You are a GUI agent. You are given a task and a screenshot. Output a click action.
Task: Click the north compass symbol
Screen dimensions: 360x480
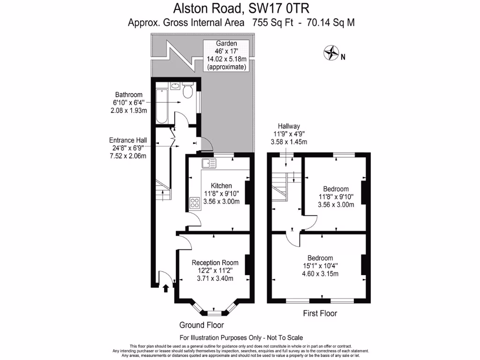pos(331,52)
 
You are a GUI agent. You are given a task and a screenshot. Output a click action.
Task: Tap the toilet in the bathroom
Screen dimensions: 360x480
pos(188,90)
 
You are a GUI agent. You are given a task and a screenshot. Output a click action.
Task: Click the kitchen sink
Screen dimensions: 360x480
pos(209,164)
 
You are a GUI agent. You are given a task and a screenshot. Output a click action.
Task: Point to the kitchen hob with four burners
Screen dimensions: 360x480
pos(195,202)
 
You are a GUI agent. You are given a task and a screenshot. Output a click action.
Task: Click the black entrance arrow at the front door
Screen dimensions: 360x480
pos(165,288)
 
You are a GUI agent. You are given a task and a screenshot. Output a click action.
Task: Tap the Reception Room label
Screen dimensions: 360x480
pos(215,262)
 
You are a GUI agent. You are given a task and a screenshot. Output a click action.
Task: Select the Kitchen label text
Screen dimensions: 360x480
pos(221,185)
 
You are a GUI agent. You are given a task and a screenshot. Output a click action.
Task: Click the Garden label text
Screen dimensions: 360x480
pos(226,43)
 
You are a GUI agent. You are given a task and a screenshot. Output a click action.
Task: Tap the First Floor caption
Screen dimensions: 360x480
pos(320,313)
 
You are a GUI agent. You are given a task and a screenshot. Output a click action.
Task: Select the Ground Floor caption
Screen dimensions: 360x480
pos(202,325)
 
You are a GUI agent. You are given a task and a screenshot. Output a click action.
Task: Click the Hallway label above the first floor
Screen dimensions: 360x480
pos(289,126)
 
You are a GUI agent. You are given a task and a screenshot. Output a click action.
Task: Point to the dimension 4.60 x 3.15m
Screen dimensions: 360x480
pos(320,274)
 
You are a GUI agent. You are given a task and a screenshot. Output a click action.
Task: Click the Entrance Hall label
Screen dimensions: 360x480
pos(128,140)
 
